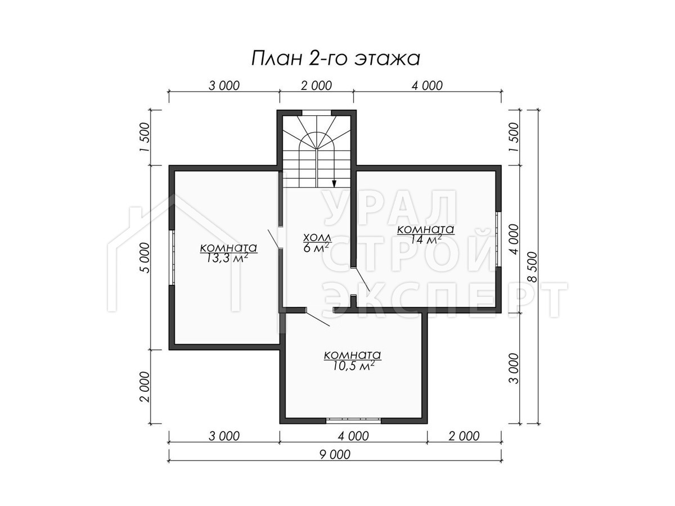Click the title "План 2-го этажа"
click(335, 58)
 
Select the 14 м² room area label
click(425, 234)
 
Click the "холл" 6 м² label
click(317, 242)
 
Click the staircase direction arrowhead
click(334, 183)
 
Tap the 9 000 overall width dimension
click(335, 454)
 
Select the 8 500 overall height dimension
click(532, 266)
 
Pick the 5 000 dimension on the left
click(144, 257)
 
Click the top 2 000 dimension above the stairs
click(317, 85)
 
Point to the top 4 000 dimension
click(427, 85)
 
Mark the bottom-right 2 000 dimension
click(464, 436)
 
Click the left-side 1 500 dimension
click(144, 137)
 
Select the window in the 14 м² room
click(498, 239)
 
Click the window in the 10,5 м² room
click(353, 421)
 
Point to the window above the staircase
click(317, 113)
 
